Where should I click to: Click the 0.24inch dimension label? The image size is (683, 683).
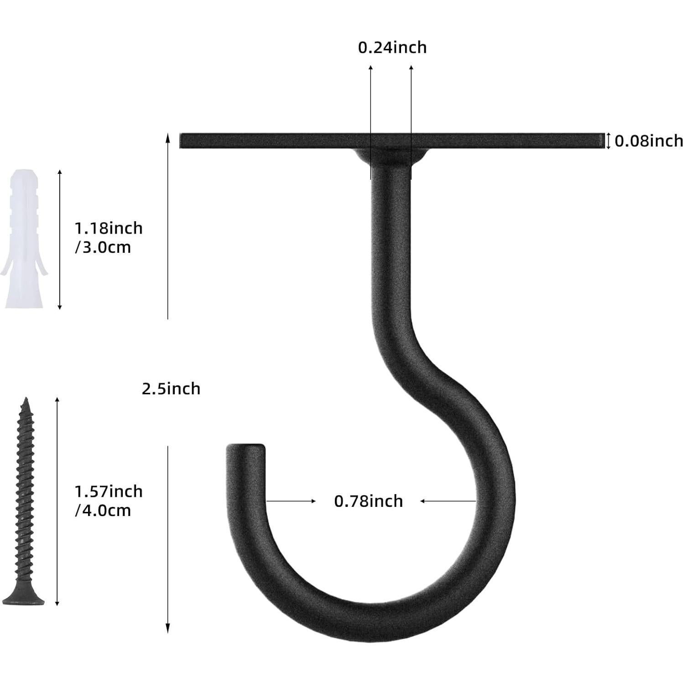tap(392, 47)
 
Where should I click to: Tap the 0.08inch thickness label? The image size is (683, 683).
tap(648, 141)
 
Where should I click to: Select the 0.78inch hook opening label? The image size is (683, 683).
tap(369, 501)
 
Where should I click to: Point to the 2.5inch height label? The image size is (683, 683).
tap(171, 389)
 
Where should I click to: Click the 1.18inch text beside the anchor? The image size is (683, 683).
tap(109, 228)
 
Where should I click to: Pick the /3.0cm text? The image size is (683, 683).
tap(103, 247)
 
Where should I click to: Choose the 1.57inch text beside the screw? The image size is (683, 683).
tap(109, 491)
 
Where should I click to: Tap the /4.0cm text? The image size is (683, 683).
tap(103, 511)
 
